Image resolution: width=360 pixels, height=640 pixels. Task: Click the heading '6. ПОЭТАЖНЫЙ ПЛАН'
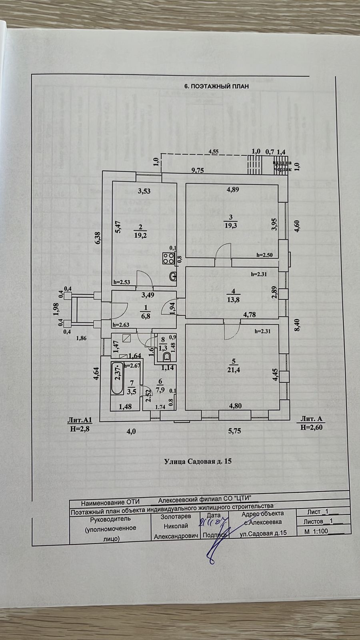(216, 86)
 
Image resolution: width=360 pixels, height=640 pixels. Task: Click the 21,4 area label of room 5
(237, 370)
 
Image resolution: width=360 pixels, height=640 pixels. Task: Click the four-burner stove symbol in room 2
(167, 258)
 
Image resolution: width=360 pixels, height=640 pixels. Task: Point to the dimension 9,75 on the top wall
(198, 170)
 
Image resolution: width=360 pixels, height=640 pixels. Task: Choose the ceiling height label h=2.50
(264, 255)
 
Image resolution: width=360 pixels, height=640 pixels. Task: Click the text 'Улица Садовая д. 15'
(198, 461)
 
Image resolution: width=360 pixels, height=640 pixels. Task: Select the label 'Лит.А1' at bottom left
(80, 420)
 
